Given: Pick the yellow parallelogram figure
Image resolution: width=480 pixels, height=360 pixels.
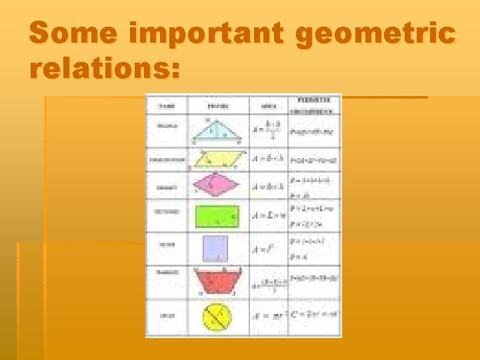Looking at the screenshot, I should (x=218, y=159).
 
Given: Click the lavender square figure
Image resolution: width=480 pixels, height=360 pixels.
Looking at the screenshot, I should (x=216, y=248).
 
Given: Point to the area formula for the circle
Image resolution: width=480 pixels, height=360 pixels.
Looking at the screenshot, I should (x=267, y=315).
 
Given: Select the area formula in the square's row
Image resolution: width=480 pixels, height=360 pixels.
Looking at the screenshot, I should (x=265, y=249).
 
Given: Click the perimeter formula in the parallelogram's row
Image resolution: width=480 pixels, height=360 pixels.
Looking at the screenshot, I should (x=314, y=160).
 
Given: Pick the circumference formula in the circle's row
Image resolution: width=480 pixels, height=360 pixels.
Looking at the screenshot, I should (x=314, y=314).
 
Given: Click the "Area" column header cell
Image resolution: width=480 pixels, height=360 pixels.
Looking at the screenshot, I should (x=269, y=105).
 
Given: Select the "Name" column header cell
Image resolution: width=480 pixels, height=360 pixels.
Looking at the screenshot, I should (x=167, y=105).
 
